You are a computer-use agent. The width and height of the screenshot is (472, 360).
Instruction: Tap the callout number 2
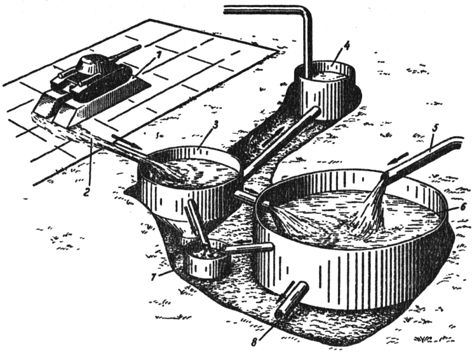87,190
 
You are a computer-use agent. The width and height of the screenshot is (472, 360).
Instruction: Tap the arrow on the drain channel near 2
127,141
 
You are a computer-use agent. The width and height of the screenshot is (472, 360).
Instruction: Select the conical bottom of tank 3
184,223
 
